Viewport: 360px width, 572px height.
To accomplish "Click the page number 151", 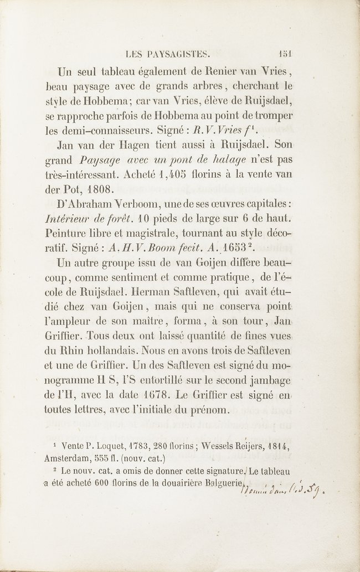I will (x=285, y=54).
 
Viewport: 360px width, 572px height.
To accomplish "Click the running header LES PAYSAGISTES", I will (x=167, y=54).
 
